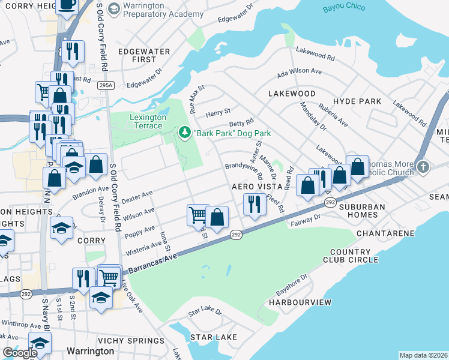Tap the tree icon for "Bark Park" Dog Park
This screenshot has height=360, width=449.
pos(184,132)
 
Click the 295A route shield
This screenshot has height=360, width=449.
pos(106,86)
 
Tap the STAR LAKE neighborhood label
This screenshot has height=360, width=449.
pos(214,337)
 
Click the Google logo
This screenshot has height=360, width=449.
pos(20,352)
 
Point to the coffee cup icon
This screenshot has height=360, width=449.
pos(66,5)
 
